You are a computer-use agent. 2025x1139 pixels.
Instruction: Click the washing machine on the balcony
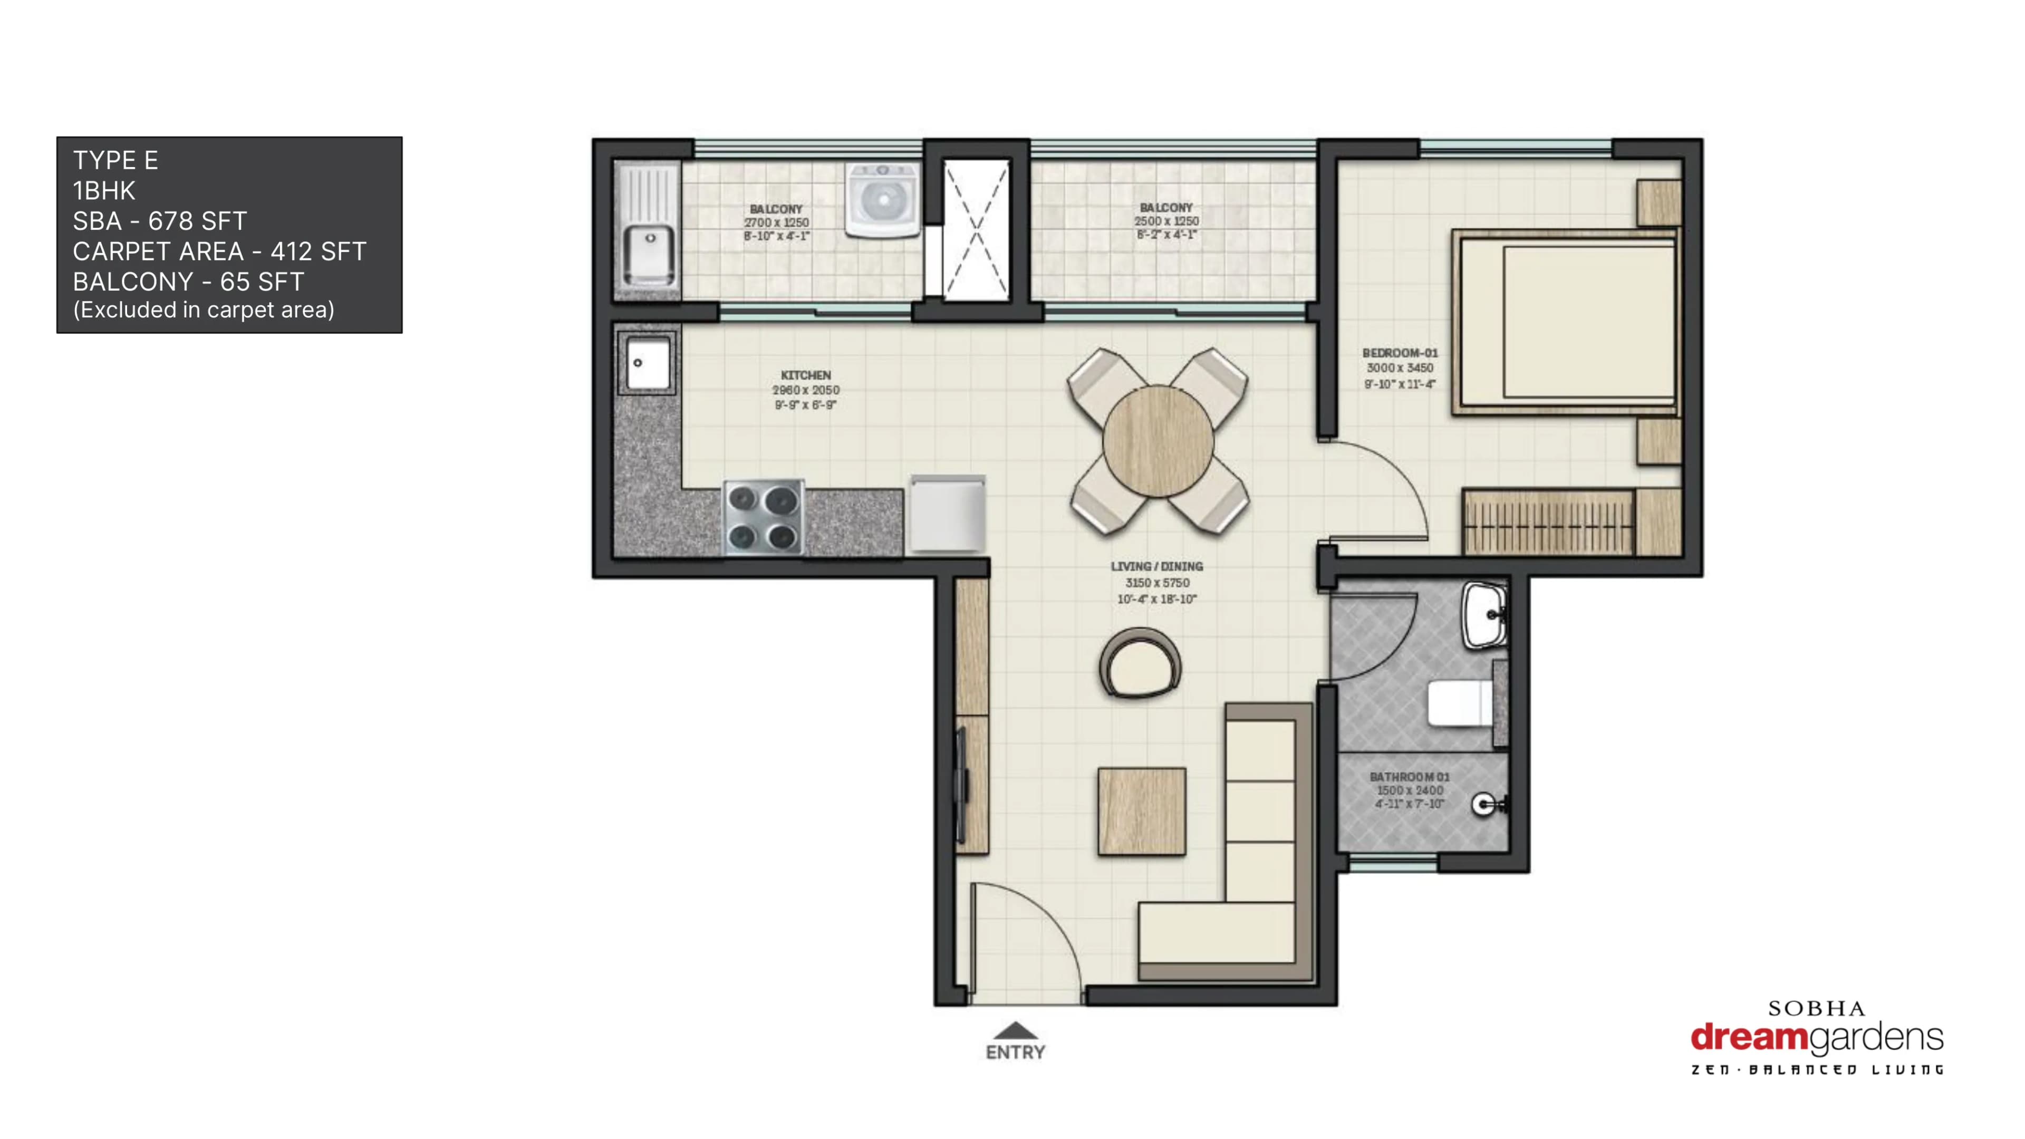point(882,200)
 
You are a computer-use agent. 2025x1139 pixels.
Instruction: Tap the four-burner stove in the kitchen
point(763,517)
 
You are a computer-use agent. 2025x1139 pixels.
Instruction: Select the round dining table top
point(1157,442)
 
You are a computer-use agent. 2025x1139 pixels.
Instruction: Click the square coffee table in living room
point(1141,811)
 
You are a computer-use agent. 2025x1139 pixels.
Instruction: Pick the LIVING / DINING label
point(1156,566)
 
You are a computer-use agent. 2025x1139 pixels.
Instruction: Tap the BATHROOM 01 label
point(1409,777)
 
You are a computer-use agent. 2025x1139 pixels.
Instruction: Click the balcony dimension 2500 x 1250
point(1166,221)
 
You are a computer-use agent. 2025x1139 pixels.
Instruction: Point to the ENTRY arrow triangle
point(1015,1030)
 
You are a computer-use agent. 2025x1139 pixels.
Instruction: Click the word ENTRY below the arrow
point(1015,1053)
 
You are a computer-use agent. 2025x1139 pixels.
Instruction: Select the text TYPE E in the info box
point(115,160)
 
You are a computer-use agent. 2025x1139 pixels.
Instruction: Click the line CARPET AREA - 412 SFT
point(219,252)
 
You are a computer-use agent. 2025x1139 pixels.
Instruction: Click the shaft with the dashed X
point(976,229)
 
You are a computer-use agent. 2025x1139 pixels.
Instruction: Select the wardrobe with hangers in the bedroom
point(1547,523)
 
